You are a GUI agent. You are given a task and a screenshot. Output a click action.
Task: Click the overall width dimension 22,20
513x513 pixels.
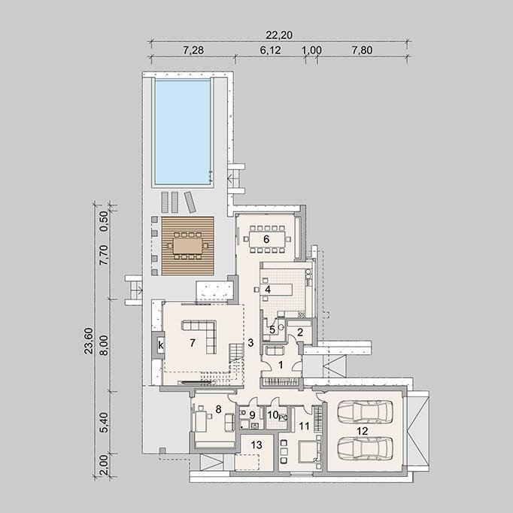(x=279, y=35)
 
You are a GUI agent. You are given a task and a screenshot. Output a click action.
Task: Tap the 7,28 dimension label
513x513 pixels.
(x=193, y=50)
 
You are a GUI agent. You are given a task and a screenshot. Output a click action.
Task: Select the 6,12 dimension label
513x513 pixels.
(x=270, y=50)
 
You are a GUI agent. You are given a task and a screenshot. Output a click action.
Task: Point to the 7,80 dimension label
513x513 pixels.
(x=362, y=50)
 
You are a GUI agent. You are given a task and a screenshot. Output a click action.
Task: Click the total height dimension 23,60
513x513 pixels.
(x=89, y=341)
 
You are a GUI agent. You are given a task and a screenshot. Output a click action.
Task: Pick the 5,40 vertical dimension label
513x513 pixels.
(x=104, y=423)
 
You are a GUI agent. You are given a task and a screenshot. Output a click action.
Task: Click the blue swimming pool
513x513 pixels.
(x=183, y=132)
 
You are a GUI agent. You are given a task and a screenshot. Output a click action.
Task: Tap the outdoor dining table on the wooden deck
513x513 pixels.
(x=188, y=245)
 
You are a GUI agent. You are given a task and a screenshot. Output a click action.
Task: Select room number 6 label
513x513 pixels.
(x=266, y=239)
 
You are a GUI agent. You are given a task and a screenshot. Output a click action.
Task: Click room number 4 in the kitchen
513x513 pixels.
(x=268, y=290)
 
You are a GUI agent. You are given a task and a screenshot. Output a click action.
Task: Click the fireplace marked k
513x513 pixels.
(x=160, y=345)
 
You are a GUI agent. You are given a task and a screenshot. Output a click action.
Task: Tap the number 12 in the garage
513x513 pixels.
(x=362, y=431)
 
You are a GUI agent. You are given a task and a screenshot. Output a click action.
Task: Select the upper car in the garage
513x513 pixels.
(x=365, y=411)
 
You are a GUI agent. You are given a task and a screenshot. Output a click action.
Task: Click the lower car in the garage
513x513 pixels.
(x=365, y=448)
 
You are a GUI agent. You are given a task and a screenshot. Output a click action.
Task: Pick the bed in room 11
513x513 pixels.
(x=308, y=451)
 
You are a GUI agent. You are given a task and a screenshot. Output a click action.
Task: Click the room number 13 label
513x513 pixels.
(x=256, y=445)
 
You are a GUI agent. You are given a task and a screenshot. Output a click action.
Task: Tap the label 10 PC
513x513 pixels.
(x=278, y=415)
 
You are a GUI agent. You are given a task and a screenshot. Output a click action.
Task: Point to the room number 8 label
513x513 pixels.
(x=219, y=409)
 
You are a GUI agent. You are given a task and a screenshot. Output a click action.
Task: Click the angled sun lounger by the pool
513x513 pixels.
(x=190, y=202)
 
